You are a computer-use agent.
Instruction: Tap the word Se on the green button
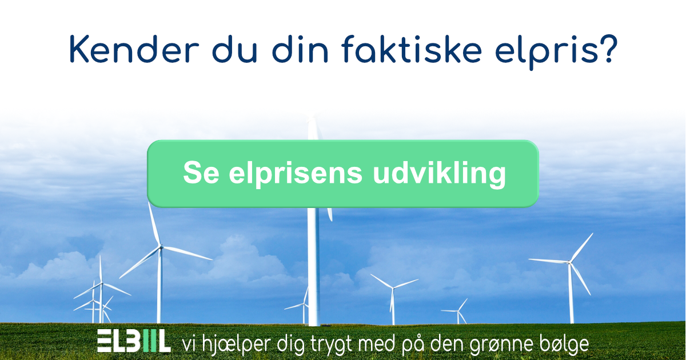tap(197, 173)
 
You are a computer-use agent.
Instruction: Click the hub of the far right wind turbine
tap(569, 262)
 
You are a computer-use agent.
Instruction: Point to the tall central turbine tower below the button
tap(313, 263)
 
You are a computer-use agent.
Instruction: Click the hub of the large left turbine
tap(160, 247)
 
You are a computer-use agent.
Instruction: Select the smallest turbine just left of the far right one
tap(459, 311)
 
